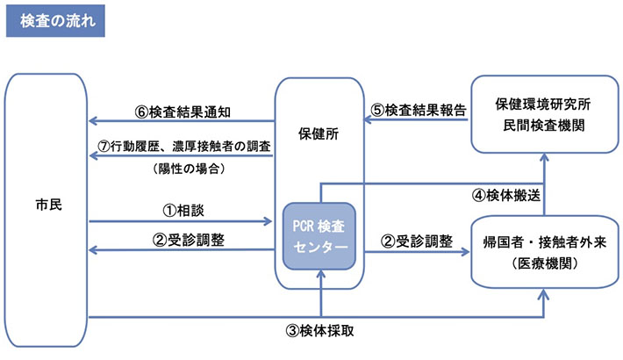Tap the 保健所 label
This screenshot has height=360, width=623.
click(319, 137)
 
